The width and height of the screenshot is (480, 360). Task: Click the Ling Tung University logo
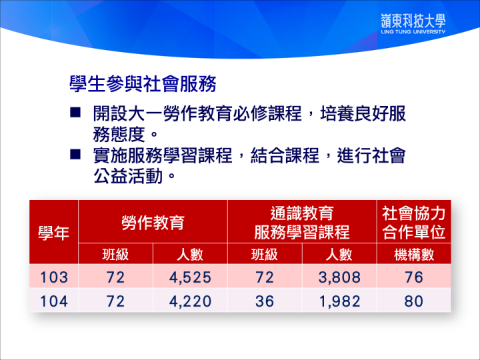413,23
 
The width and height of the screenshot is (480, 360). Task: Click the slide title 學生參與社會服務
143,83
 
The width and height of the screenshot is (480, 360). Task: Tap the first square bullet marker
75,113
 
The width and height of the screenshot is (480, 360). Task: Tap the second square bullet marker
75,154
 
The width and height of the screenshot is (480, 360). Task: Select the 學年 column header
53,233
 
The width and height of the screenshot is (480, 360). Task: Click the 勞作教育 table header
153,222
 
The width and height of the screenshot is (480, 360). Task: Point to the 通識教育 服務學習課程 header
302,223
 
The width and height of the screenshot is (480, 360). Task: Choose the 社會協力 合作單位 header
413,223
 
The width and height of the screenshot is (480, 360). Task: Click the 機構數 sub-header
414,255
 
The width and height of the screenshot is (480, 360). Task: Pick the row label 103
54,277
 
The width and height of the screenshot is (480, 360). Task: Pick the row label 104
54,301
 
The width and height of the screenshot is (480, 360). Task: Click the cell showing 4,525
190,277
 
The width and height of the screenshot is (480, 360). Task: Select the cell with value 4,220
190,301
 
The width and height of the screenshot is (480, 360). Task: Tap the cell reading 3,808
339,277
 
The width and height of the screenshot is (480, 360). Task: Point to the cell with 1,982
339,301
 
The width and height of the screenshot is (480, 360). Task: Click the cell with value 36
265,301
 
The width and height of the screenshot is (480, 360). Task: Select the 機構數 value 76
414,277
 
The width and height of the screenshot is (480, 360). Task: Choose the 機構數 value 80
414,301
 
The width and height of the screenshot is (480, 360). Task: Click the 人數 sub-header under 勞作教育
190,255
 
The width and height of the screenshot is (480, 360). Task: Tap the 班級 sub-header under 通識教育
265,255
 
